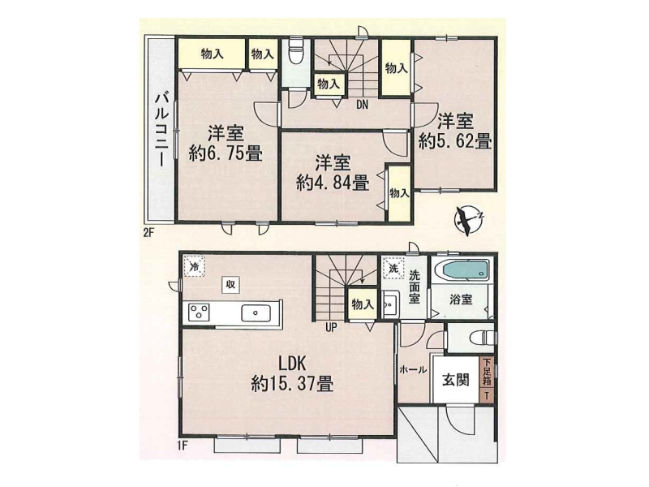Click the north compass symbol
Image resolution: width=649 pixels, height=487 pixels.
click(x=469, y=220)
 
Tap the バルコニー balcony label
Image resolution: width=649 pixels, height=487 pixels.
click(x=161, y=130)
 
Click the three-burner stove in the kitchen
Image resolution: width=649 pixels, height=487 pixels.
click(x=199, y=312)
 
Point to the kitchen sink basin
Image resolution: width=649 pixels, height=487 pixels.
click(x=256, y=313)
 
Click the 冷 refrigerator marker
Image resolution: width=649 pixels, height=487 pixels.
click(x=194, y=266)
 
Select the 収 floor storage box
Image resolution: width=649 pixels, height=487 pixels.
click(x=230, y=285)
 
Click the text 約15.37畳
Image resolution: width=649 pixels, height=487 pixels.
click(x=292, y=385)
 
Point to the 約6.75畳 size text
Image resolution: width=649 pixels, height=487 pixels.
click(x=226, y=154)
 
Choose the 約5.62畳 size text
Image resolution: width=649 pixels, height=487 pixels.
click(x=454, y=142)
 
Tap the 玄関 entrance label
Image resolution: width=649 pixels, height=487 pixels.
click(x=455, y=380)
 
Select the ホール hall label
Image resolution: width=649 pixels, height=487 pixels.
click(x=413, y=370)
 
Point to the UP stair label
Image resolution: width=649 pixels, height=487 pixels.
click(x=331, y=328)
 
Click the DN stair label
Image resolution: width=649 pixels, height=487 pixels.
click(x=362, y=106)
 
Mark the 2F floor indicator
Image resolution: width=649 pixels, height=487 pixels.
click(x=148, y=233)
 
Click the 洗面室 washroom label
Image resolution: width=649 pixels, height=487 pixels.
click(x=414, y=287)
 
